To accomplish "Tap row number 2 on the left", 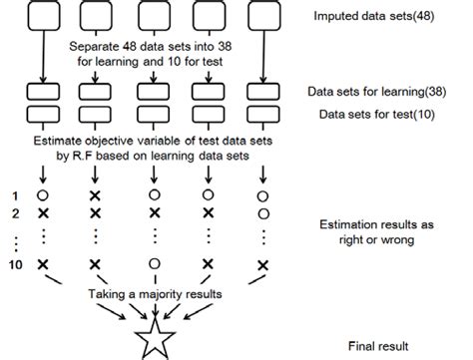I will click(13, 213).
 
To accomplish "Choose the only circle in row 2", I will click(262, 213).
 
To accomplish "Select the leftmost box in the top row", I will click(43, 18).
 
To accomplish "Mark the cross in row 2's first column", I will click(44, 213).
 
